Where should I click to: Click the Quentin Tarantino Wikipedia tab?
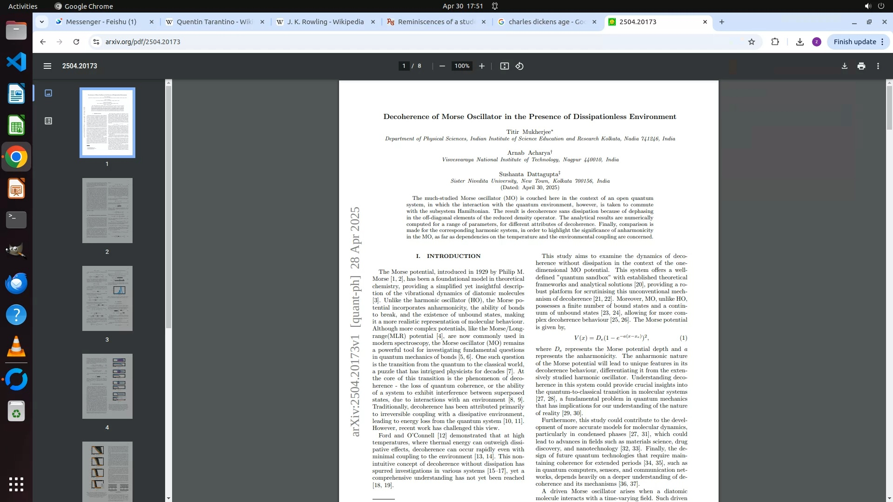tap(214, 22)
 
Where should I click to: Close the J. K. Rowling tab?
tap(373, 22)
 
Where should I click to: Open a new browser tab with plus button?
tap(721, 22)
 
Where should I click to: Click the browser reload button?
tap(76, 42)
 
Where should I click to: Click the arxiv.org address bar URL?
tap(143, 42)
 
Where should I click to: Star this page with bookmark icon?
tap(751, 42)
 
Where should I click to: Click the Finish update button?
tap(858, 42)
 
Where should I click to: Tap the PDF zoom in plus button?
tap(482, 66)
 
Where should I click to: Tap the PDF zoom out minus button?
tap(442, 66)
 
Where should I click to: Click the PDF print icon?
tap(861, 66)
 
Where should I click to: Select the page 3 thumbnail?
tap(107, 298)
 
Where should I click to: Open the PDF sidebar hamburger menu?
tap(47, 66)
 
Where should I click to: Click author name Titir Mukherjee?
tap(528, 132)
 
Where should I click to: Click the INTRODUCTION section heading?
tap(453, 256)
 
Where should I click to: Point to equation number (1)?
tap(683, 338)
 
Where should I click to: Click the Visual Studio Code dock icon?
tap(16, 62)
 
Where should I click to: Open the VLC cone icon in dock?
tap(16, 346)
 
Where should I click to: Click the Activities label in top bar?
tap(23, 6)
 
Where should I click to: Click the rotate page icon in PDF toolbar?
tap(520, 66)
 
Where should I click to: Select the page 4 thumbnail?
tap(107, 386)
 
